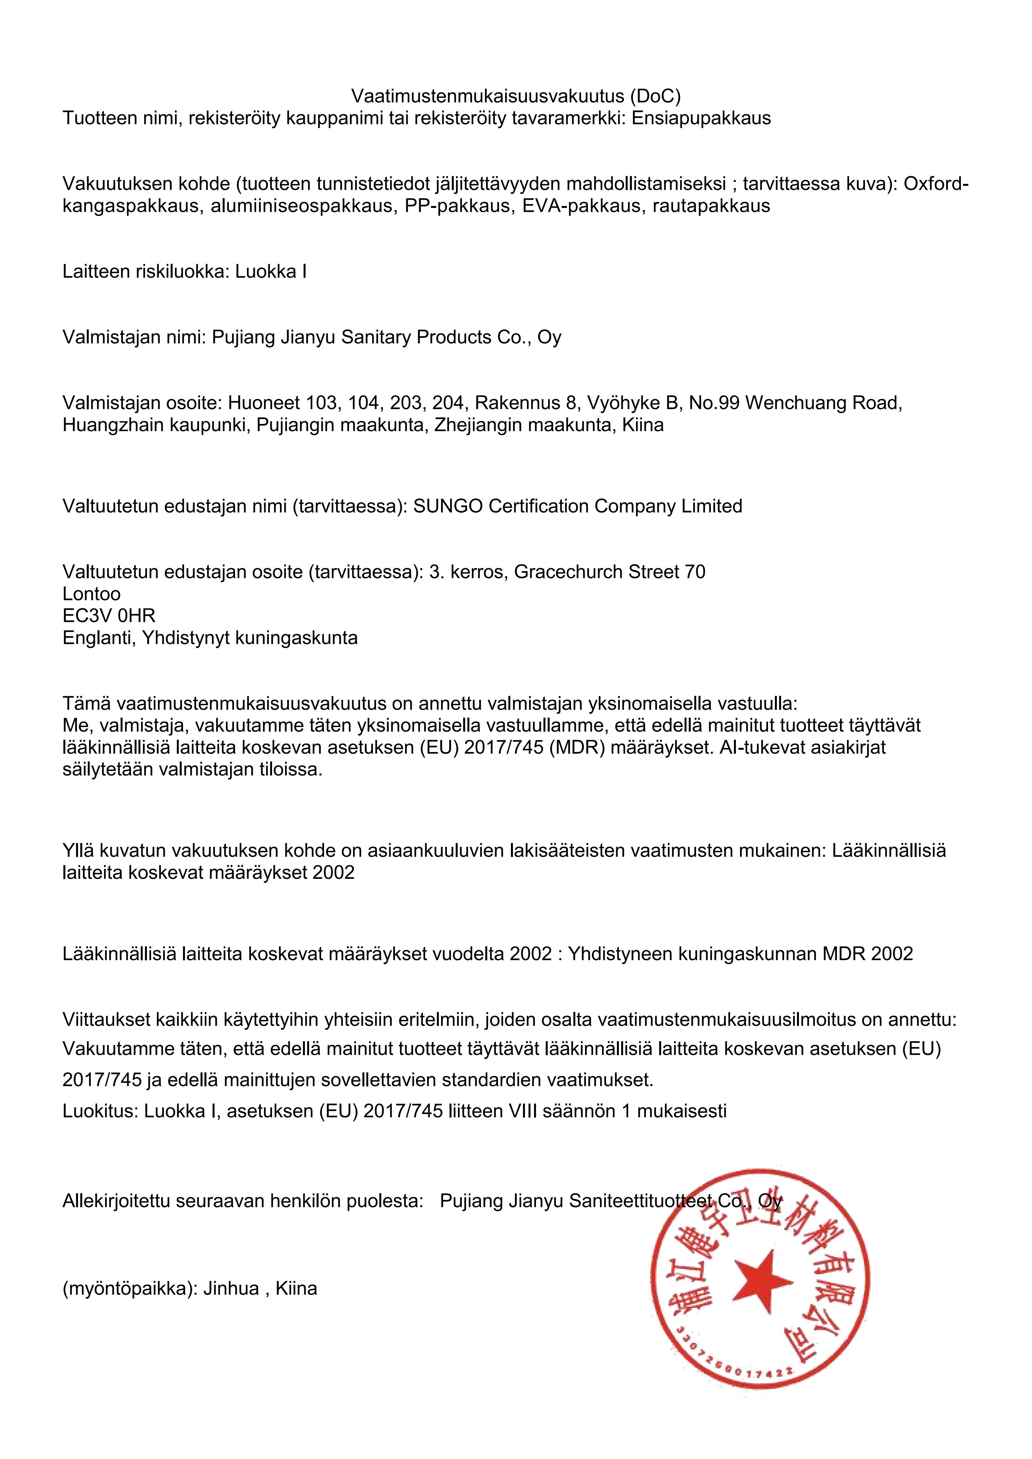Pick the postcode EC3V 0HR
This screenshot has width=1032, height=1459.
click(109, 616)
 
